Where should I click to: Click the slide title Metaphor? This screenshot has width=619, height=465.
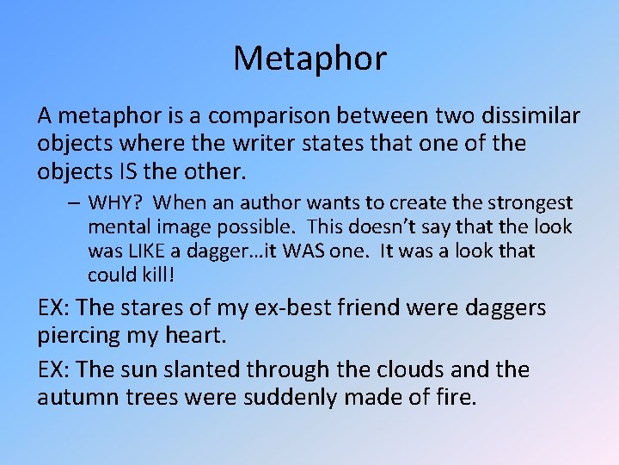click(x=309, y=59)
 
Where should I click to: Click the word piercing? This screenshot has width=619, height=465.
click(x=80, y=336)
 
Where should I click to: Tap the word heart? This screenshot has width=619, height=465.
click(x=214, y=336)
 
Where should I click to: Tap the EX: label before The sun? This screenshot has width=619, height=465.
click(x=54, y=369)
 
